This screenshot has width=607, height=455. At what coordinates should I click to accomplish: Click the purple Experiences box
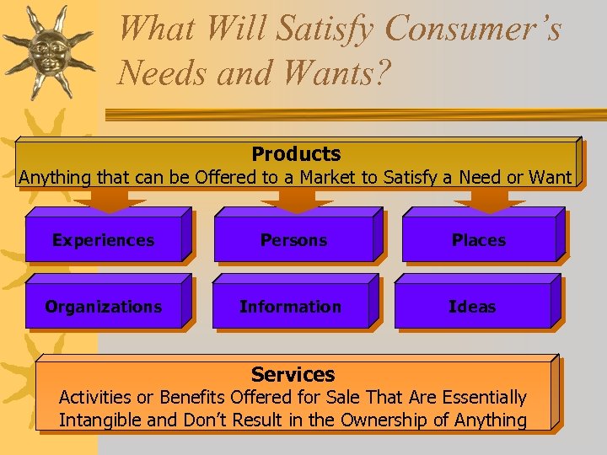pyautogui.click(x=103, y=240)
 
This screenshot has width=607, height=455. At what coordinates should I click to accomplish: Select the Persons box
pyautogui.click(x=293, y=240)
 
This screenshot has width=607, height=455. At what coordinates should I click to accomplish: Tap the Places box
pyautogui.click(x=478, y=240)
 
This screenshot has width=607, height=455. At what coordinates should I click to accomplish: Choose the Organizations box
pyautogui.click(x=103, y=307)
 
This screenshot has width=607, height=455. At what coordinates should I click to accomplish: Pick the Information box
pyautogui.click(x=290, y=307)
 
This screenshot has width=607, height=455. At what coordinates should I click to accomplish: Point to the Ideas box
pyautogui.click(x=472, y=307)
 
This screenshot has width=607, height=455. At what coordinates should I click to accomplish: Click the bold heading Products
pyautogui.click(x=296, y=154)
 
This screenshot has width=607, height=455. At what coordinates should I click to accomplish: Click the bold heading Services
pyautogui.click(x=293, y=375)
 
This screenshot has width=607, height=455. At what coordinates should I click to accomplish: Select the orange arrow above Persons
pyautogui.click(x=296, y=200)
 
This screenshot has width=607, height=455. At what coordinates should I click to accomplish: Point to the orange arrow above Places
pyautogui.click(x=490, y=200)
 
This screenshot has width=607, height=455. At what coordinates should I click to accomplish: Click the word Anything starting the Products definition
pyautogui.click(x=56, y=178)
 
